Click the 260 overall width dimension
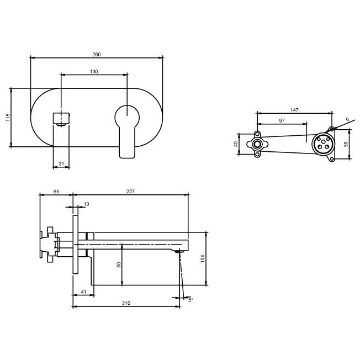(97, 55)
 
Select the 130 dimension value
(94, 72)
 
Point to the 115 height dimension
(8, 117)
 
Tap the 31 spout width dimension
(61, 163)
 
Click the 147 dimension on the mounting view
(294, 110)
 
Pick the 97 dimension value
(282, 120)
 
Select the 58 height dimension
(346, 144)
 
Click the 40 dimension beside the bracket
(236, 144)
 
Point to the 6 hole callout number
(347, 119)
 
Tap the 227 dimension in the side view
(130, 191)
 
